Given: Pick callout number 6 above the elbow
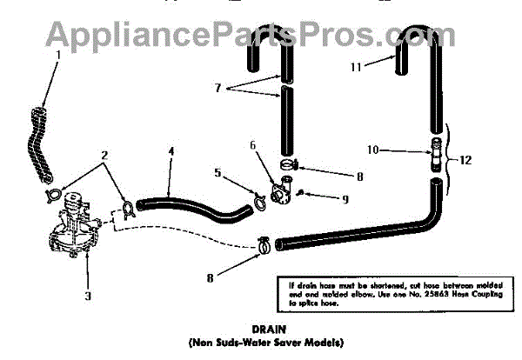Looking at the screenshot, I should pyautogui.click(x=253, y=144).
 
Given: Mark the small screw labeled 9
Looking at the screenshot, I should pyautogui.click(x=301, y=192).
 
